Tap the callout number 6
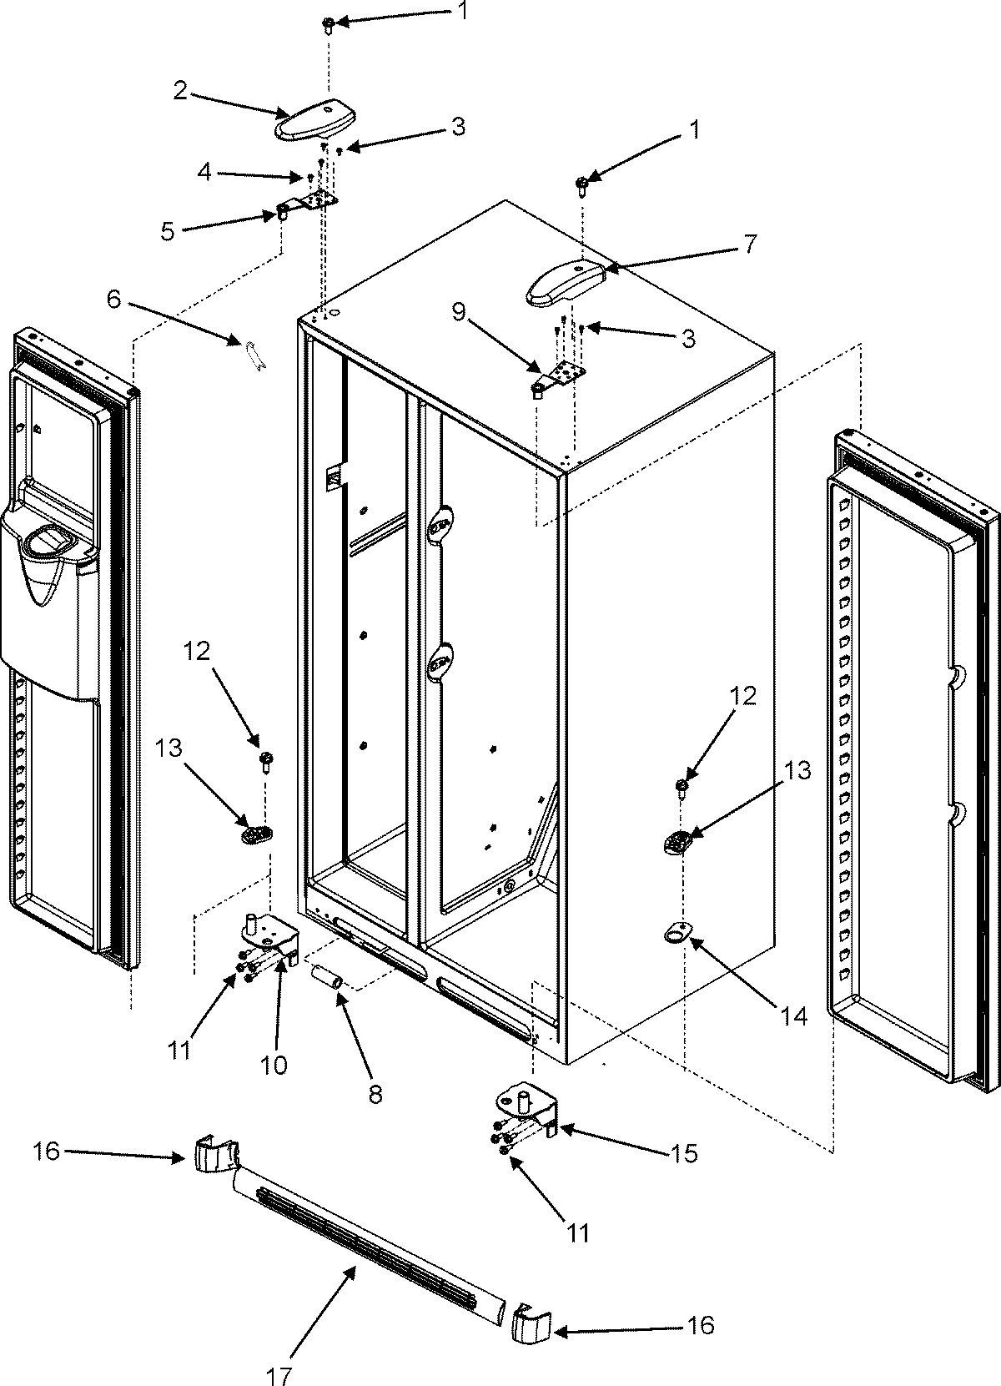tap(113, 300)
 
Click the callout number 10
tap(273, 1065)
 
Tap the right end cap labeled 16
tap(530, 1324)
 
